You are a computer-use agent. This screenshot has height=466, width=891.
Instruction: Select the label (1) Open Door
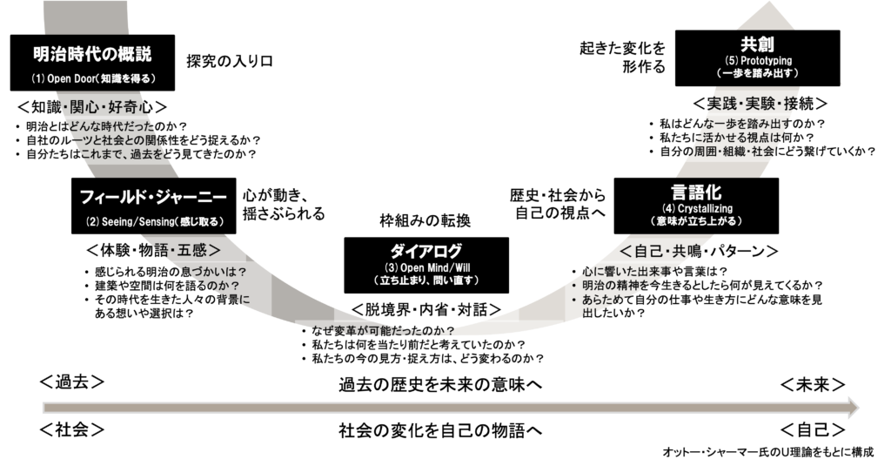pos(93,78)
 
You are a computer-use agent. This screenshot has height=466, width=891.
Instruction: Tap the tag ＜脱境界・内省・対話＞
pos(425,308)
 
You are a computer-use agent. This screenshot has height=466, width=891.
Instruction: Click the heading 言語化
pos(696,191)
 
